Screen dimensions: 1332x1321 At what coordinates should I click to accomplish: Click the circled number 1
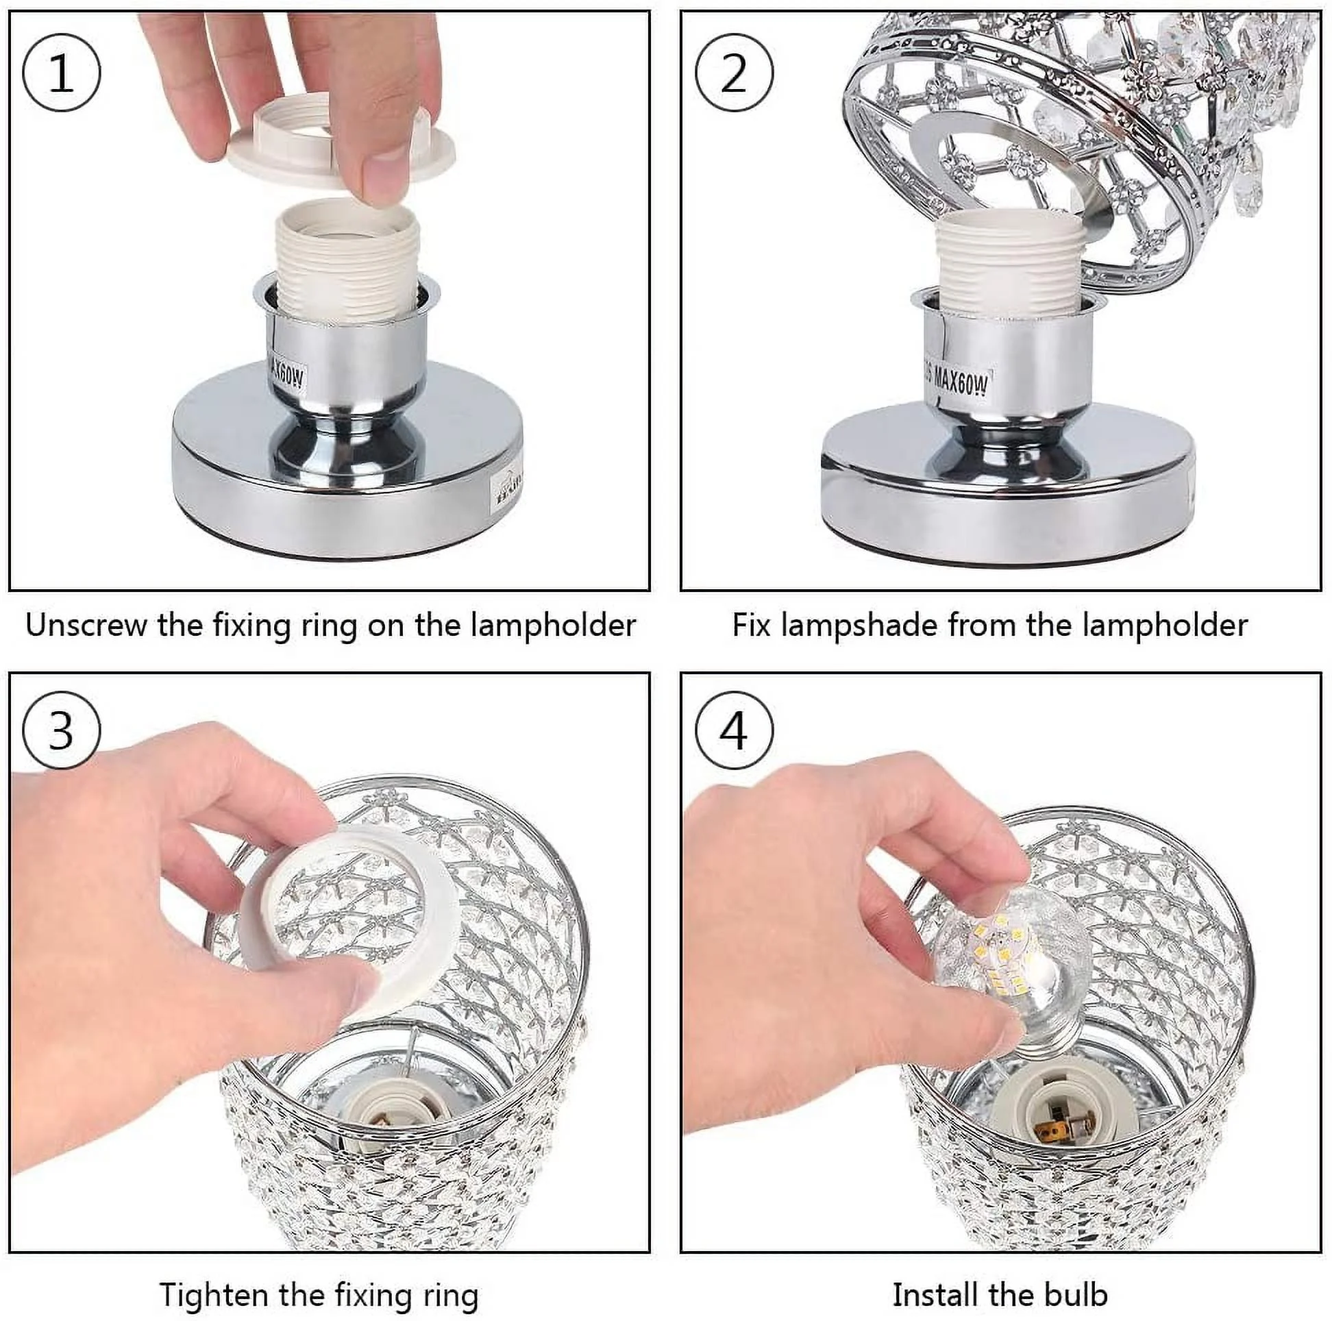pyautogui.click(x=62, y=73)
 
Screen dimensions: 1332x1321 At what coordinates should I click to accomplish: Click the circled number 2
pyautogui.click(x=734, y=73)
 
